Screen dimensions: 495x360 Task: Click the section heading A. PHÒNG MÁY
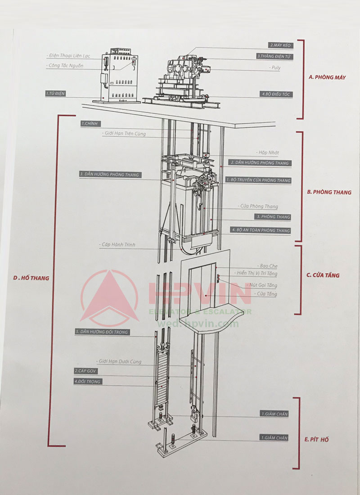click(x=327, y=77)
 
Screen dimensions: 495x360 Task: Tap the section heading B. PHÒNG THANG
click(x=329, y=192)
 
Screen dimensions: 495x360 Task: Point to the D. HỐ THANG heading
click(x=31, y=278)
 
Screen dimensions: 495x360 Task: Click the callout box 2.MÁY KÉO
click(x=279, y=45)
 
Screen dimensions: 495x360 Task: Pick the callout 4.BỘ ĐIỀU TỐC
click(x=276, y=94)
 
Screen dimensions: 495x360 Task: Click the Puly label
click(x=275, y=67)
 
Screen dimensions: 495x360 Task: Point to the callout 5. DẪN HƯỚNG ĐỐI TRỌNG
click(x=102, y=332)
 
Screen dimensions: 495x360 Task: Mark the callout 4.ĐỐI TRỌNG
click(x=88, y=382)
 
